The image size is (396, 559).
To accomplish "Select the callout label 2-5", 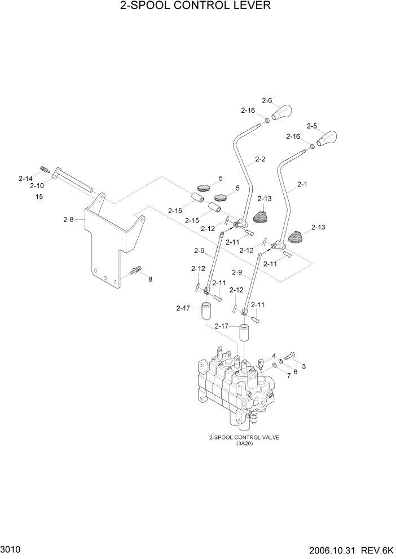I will pyautogui.click(x=311, y=126).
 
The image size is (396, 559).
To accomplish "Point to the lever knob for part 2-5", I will pyautogui.click(x=327, y=139).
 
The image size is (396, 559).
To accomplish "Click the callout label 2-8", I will pyautogui.click(x=68, y=219).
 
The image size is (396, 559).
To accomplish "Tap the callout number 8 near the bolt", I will pyautogui.click(x=150, y=279).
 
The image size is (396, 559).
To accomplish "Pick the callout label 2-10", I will pyautogui.click(x=37, y=185).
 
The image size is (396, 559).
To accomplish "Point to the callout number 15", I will pyautogui.click(x=39, y=197).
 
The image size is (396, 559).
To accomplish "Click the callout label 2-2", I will pyautogui.click(x=259, y=159).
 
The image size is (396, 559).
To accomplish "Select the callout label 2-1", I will pyautogui.click(x=302, y=184).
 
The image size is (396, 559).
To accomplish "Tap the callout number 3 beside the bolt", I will pyautogui.click(x=304, y=366).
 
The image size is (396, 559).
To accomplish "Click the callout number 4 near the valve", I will pyautogui.click(x=274, y=356).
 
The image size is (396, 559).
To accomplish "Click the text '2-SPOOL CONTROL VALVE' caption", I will pyautogui.click(x=244, y=437).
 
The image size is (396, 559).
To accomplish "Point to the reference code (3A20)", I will pyautogui.click(x=245, y=443).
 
